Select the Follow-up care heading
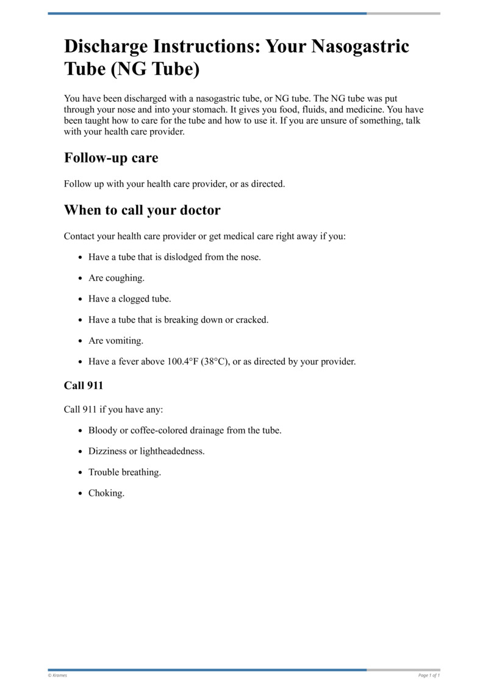click(x=111, y=158)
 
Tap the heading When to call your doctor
click(x=142, y=210)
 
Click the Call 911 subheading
click(x=84, y=385)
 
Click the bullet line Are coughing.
click(x=117, y=278)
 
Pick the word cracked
click(x=252, y=319)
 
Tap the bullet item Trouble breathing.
click(x=124, y=472)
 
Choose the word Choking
click(x=106, y=493)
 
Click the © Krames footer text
click(x=57, y=675)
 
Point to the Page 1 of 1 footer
click(x=429, y=675)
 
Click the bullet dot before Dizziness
click(x=81, y=452)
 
